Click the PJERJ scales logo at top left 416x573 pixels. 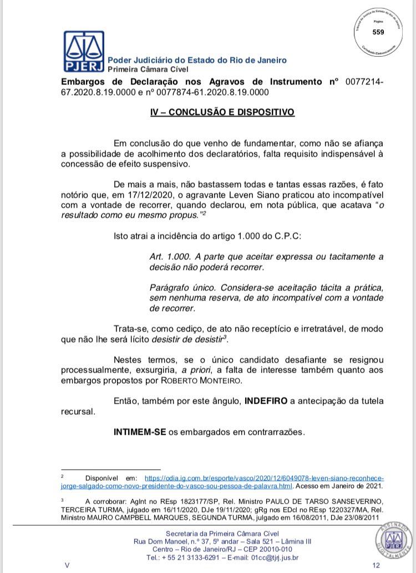point(84,51)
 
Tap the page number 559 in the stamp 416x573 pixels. point(378,32)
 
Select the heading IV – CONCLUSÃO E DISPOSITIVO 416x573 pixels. point(222,112)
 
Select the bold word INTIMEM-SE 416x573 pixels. point(139,431)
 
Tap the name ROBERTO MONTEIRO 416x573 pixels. point(194,379)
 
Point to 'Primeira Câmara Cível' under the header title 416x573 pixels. point(148,69)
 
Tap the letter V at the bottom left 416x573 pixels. point(67,565)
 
